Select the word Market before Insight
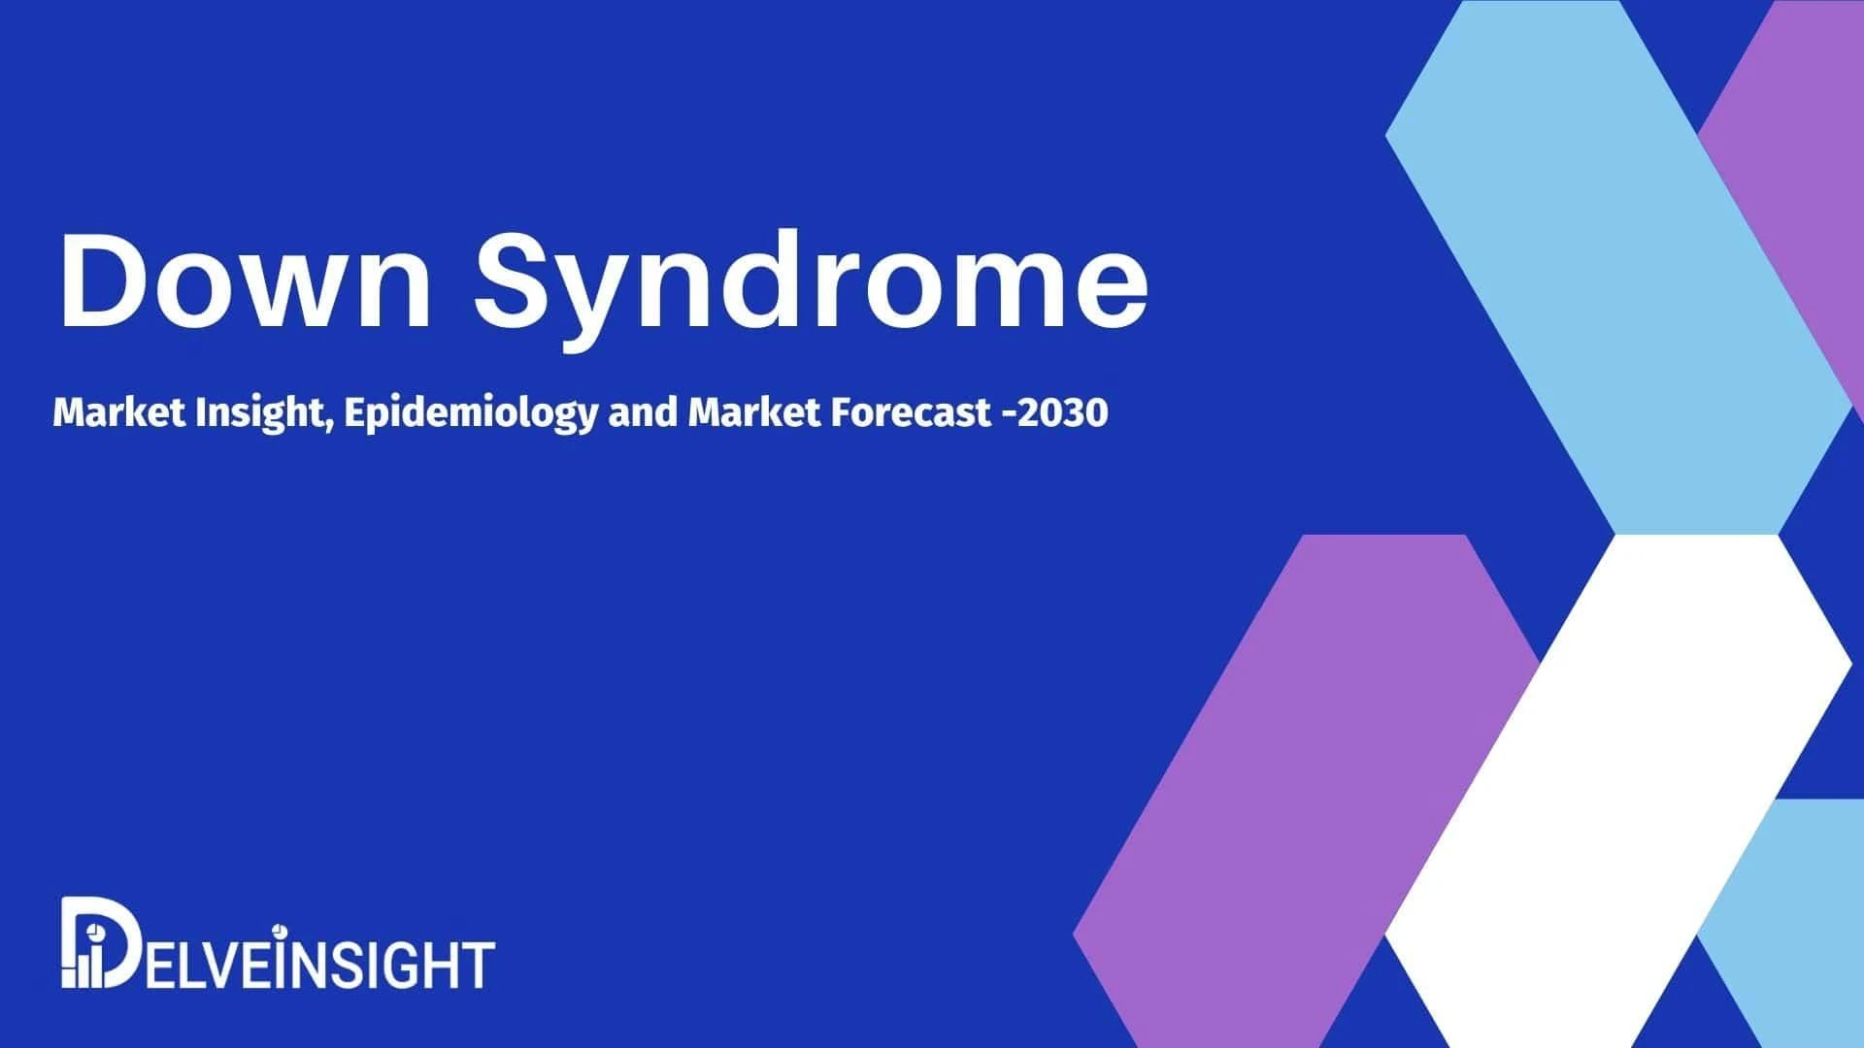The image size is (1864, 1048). [118, 413]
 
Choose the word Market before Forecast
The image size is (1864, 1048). [754, 413]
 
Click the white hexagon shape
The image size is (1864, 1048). [1618, 791]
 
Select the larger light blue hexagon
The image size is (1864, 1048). [1618, 267]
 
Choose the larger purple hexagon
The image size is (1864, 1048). [1306, 791]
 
